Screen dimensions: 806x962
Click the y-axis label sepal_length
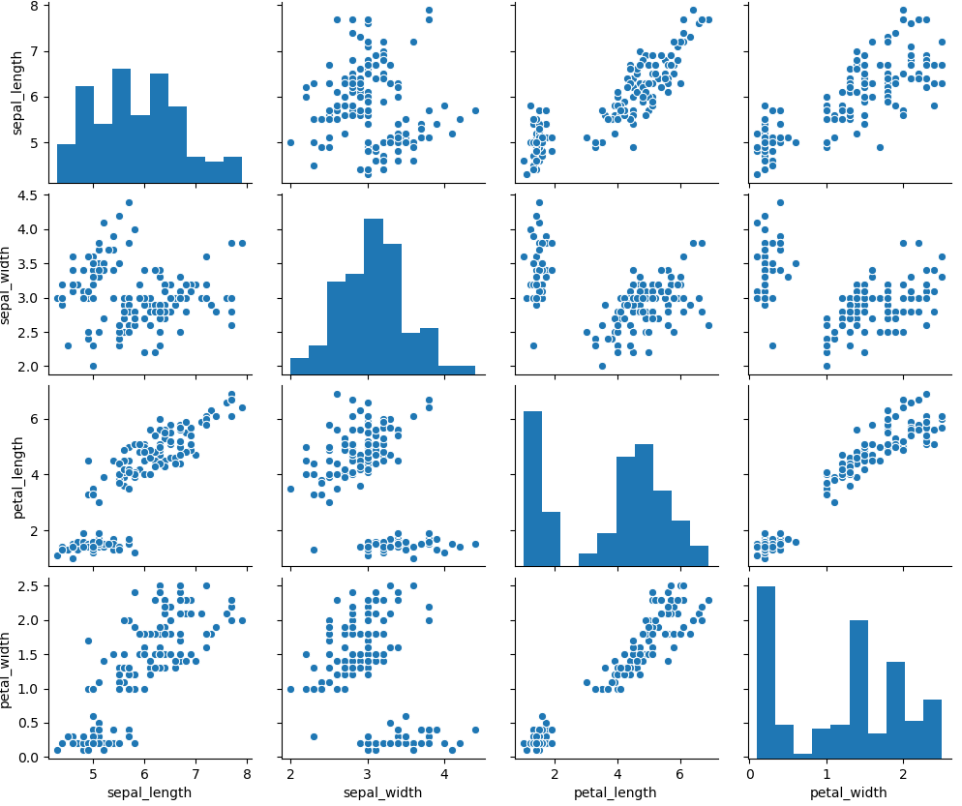pyautogui.click(x=17, y=95)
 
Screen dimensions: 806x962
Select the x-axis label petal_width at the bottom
pyautogui.click(x=845, y=792)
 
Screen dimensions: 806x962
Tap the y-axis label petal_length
pyautogui.click(x=17, y=477)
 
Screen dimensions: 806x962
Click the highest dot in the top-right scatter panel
pyautogui.click(x=903, y=11)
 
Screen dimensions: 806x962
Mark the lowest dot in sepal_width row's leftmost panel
pyautogui.click(x=93, y=366)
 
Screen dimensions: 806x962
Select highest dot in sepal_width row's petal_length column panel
pyautogui.click(x=539, y=202)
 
